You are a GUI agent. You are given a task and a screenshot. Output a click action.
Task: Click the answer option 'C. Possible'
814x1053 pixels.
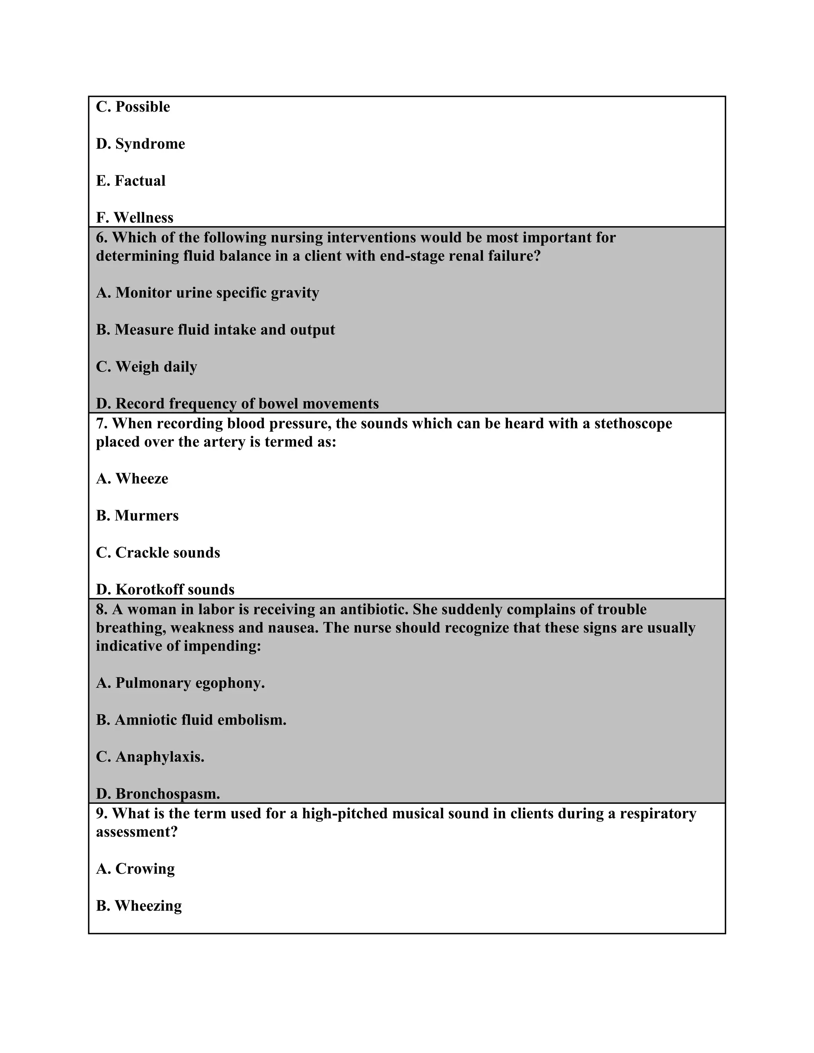pyautogui.click(x=133, y=106)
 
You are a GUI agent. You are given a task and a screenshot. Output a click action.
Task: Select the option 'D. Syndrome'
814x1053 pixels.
pyautogui.click(x=140, y=144)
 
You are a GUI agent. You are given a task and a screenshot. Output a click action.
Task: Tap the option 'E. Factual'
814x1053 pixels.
pyautogui.click(x=131, y=181)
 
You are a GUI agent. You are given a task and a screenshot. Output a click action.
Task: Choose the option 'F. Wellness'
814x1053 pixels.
pyautogui.click(x=135, y=217)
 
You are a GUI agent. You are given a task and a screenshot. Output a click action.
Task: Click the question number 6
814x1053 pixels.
pyautogui.click(x=101, y=237)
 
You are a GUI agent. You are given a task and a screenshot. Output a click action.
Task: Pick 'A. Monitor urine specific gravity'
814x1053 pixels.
pyautogui.click(x=207, y=293)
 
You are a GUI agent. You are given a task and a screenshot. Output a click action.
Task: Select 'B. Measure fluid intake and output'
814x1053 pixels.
pyautogui.click(x=215, y=330)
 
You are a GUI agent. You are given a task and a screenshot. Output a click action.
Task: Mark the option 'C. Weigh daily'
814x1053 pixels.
pyautogui.click(x=147, y=367)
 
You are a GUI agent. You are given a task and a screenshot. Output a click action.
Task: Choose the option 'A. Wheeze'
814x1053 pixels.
pyautogui.click(x=132, y=479)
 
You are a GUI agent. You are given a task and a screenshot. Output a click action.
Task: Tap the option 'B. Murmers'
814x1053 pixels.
pyautogui.click(x=137, y=516)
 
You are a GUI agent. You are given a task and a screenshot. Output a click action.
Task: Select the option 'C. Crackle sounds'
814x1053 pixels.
pyautogui.click(x=158, y=553)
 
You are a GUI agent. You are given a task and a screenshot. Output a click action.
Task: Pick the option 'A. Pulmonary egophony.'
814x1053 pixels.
pyautogui.click(x=180, y=683)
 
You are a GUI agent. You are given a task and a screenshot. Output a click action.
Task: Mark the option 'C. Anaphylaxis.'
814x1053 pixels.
pyautogui.click(x=150, y=757)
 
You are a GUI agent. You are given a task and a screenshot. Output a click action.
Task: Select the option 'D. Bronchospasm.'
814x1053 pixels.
pyautogui.click(x=158, y=794)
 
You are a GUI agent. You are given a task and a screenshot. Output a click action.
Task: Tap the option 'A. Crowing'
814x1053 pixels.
pyautogui.click(x=135, y=869)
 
